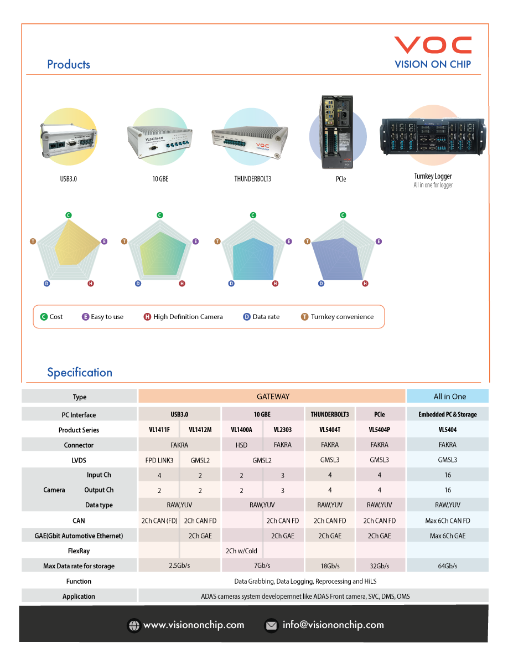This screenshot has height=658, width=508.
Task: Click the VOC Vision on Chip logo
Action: click(433, 53)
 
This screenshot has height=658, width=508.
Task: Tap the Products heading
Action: click(69, 64)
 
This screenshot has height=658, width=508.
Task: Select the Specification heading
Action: click(80, 372)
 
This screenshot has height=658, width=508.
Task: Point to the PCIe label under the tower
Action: click(341, 179)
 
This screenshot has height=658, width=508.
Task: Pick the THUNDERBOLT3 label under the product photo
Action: click(253, 179)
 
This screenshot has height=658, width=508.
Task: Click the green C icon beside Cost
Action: click(44, 317)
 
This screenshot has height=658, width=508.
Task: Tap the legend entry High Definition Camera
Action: click(188, 317)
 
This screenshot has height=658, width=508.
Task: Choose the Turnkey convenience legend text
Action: click(342, 317)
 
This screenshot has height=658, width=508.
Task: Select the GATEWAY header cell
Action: click(273, 397)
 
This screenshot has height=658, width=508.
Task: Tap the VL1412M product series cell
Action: click(200, 430)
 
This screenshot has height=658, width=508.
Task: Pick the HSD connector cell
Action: click(242, 445)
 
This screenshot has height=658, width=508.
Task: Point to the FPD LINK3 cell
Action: click(159, 460)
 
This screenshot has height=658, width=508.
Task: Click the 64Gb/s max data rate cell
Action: click(448, 566)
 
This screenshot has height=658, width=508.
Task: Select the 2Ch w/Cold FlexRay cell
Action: click(242, 551)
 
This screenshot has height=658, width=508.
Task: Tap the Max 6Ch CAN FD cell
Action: click(448, 521)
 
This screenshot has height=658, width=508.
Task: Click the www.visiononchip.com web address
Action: click(194, 625)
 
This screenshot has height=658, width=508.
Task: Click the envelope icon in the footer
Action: click(271, 625)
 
